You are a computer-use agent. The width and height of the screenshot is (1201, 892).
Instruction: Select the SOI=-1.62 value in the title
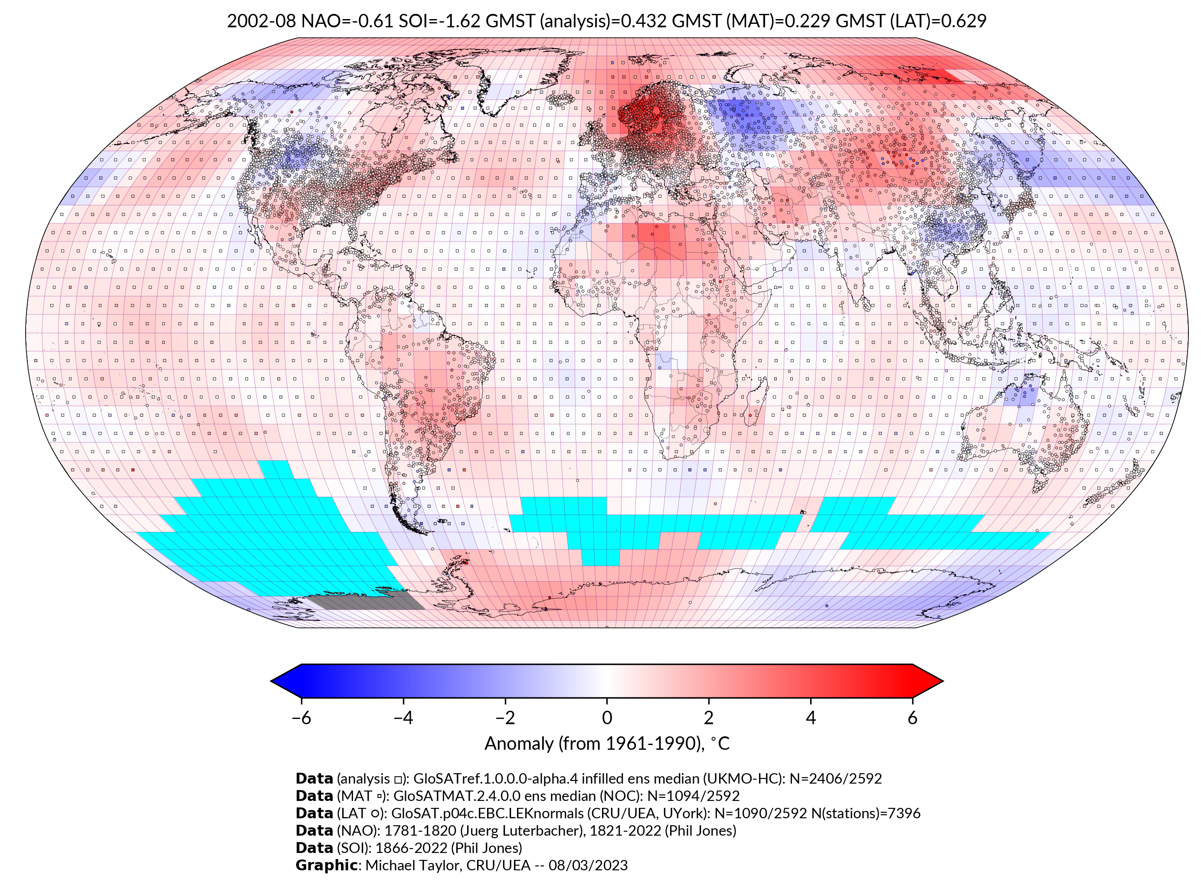coord(439,21)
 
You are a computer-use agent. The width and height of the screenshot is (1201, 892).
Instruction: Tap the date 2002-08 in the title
coord(262,21)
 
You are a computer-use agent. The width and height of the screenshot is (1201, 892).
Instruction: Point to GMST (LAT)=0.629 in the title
coord(910,21)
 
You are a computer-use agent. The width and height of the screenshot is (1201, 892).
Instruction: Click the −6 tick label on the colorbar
coord(301,718)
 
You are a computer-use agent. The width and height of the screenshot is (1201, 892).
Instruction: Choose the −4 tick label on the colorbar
coord(403,718)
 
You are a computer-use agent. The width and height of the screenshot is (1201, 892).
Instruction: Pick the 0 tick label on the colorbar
coord(607,718)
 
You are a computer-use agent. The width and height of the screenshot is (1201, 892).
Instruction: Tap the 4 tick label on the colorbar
coord(811,718)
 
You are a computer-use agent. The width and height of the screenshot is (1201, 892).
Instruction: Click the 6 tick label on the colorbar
coord(912,718)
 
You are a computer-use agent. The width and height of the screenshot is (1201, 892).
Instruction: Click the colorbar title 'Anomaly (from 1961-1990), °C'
coord(607,744)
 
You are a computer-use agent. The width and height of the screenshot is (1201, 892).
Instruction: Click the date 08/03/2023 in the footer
coord(588,865)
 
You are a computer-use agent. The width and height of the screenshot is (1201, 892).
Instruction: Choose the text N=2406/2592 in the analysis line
coord(835,779)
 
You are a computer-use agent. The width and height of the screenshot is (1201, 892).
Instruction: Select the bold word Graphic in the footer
coord(326,865)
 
